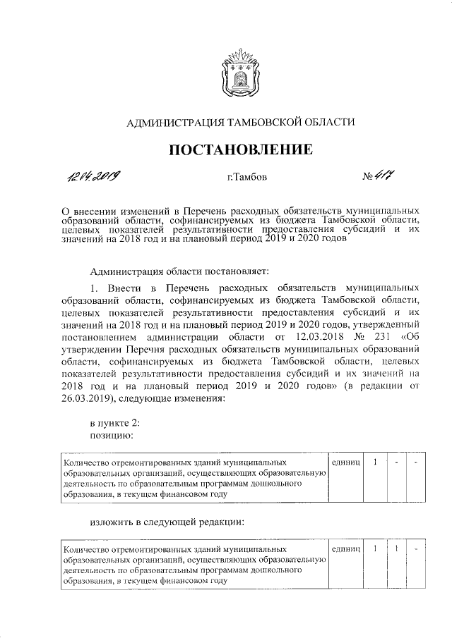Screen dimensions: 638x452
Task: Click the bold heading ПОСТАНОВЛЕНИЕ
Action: click(239, 149)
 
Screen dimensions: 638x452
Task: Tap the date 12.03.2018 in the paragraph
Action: click(319, 336)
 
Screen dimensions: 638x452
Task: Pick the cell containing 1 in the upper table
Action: click(376, 462)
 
